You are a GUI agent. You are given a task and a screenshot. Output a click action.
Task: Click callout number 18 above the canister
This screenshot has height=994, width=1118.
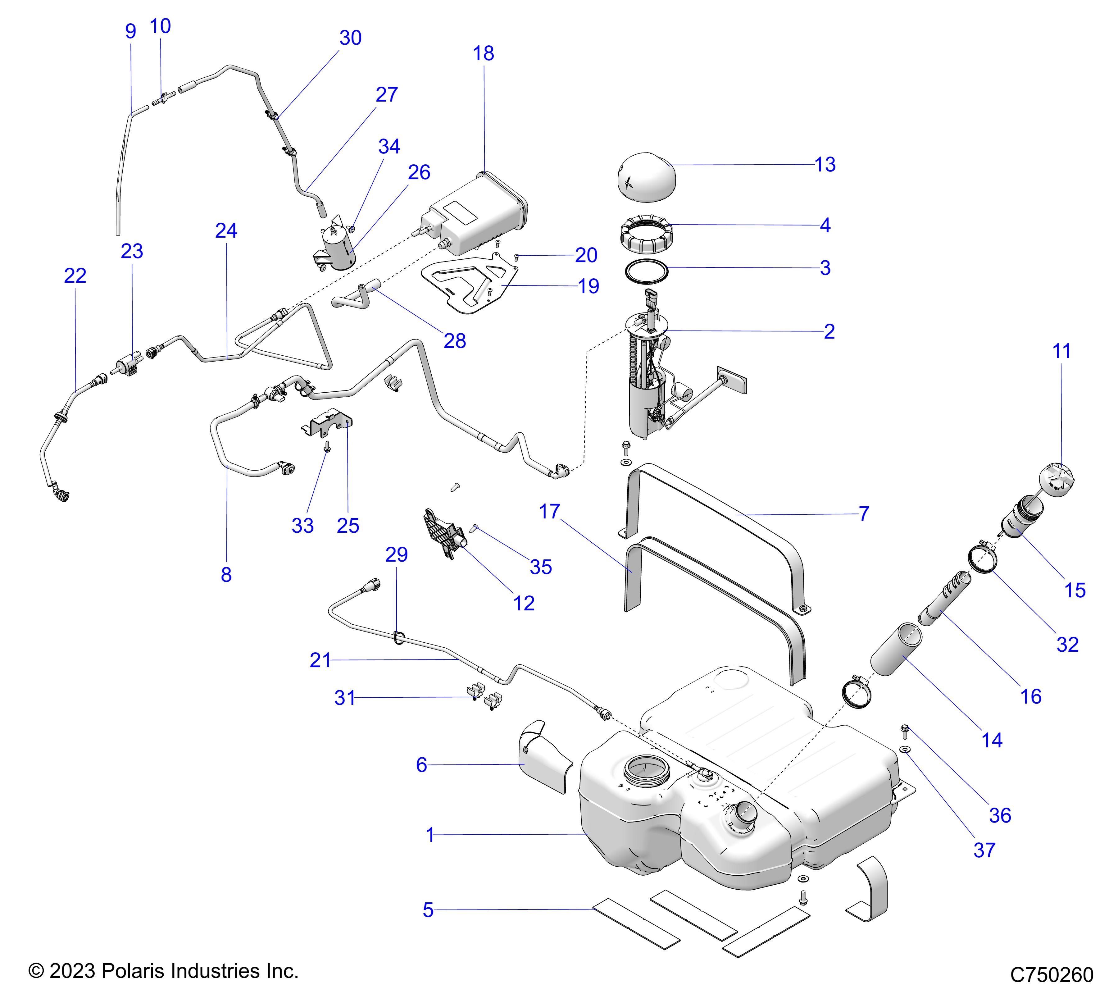pyautogui.click(x=484, y=54)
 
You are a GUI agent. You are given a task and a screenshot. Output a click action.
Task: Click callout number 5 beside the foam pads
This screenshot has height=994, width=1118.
pyautogui.click(x=428, y=910)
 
